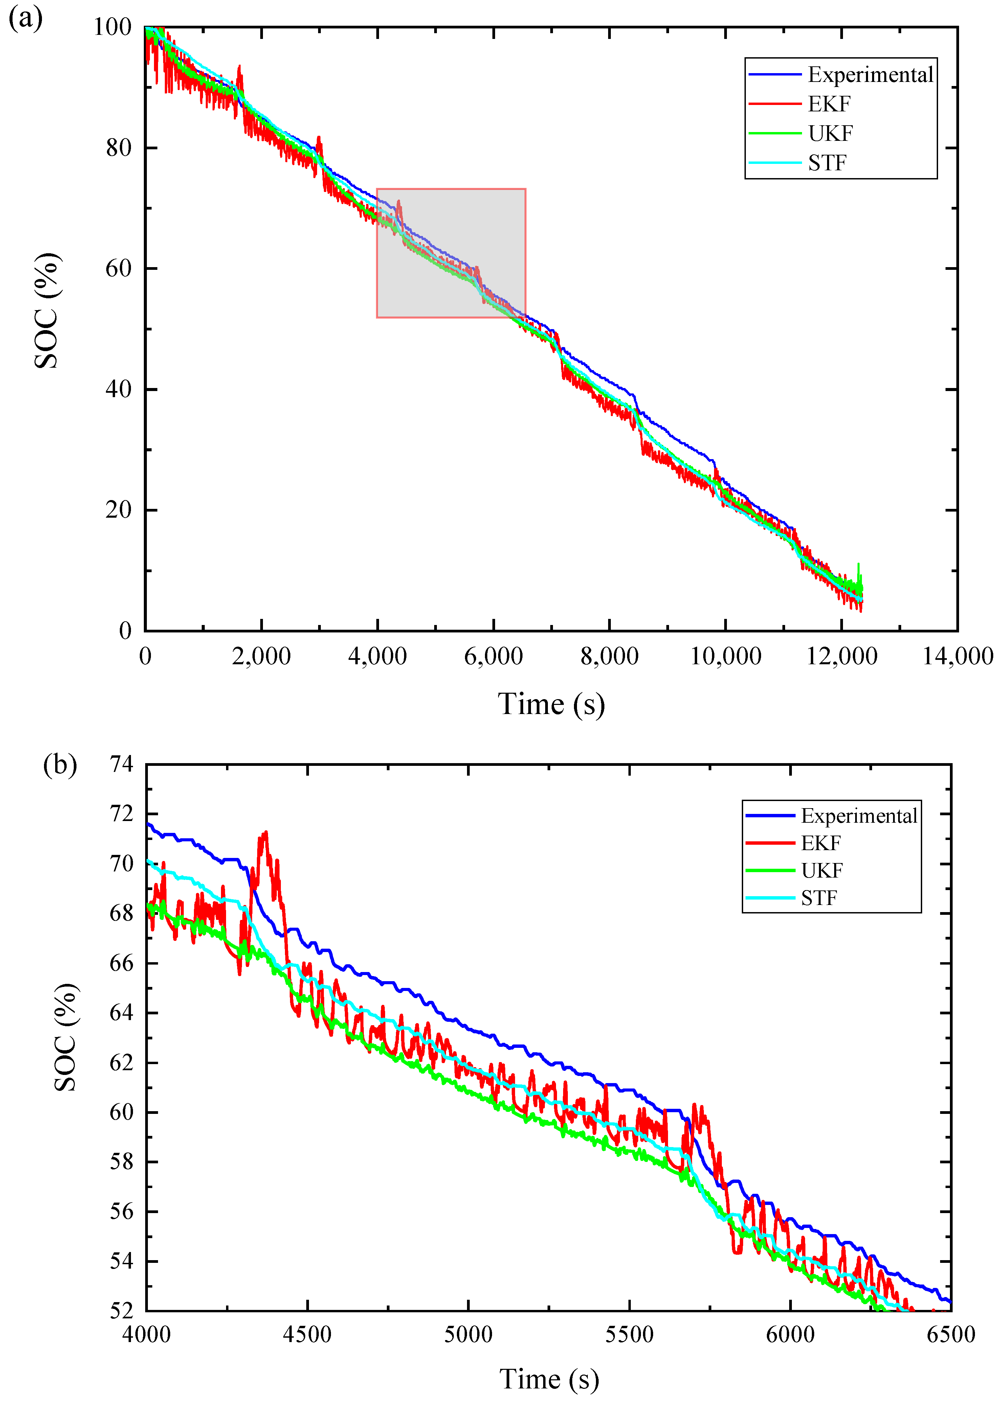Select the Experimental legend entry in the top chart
(870, 74)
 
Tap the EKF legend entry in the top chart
(829, 104)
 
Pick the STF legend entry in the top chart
(827, 163)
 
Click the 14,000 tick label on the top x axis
(957, 656)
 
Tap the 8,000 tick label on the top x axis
(609, 656)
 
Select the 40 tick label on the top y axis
(118, 389)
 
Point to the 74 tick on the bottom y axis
(121, 764)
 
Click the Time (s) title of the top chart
(551, 704)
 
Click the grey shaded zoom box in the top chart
(451, 253)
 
